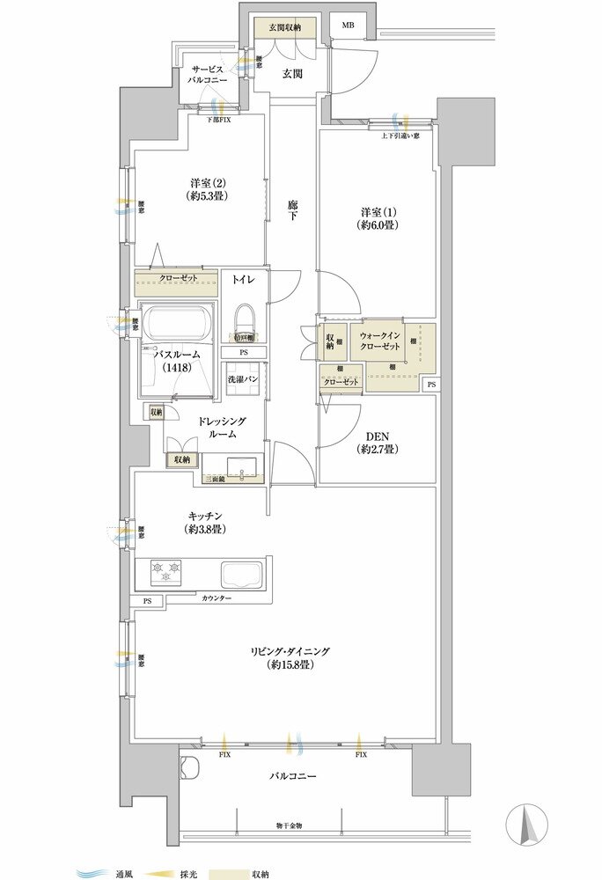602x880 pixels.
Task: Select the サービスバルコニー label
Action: [208, 74]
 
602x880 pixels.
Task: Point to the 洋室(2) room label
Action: [208, 189]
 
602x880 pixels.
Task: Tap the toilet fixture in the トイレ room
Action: [243, 322]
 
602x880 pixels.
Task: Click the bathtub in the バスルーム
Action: [177, 323]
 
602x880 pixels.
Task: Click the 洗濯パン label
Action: [242, 380]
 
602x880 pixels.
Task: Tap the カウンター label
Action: [216, 598]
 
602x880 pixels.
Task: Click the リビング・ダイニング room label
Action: [288, 656]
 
